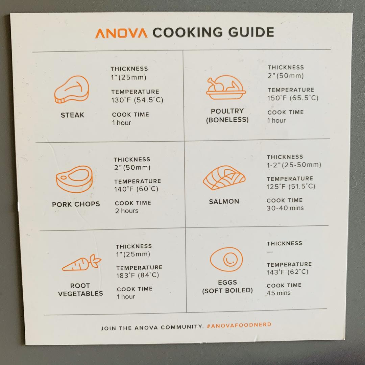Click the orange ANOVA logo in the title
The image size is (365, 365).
(121, 33)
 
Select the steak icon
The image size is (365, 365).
(72, 89)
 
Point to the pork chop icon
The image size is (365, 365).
(74, 179)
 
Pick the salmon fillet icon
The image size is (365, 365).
(224, 178)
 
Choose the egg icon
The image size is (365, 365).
(226, 259)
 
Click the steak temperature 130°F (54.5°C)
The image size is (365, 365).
(137, 100)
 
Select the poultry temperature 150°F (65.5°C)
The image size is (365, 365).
(293, 98)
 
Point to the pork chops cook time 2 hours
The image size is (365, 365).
(127, 211)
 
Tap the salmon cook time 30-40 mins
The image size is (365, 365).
(285, 208)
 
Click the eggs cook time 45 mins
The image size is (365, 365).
(278, 293)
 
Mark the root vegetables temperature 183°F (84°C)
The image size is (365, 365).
(138, 275)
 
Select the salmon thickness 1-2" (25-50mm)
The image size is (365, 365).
(294, 165)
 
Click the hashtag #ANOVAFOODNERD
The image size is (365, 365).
(239, 325)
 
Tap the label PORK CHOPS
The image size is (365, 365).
(76, 204)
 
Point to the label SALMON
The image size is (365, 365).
(224, 201)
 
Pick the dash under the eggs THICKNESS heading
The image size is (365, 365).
(270, 252)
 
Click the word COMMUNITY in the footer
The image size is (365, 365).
(182, 327)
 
